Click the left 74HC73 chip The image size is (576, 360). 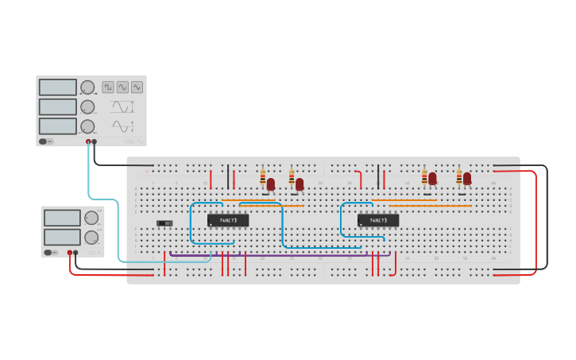pos(228,220)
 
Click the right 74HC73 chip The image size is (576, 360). pos(378,220)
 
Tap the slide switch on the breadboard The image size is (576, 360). pos(164,223)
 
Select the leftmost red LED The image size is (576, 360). pos(270,184)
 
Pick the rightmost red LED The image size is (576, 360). pos(467,179)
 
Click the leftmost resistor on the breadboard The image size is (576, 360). pos(263,177)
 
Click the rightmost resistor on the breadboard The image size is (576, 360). pos(458,176)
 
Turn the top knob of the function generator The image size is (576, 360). pos(87,87)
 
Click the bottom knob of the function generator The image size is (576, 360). pos(87,126)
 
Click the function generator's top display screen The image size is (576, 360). pos(58,87)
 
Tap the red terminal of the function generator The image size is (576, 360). pos(88,142)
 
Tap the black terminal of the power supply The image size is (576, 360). pos(75,253)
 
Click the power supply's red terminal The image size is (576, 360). pos(70,253)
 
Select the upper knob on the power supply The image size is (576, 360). pos(91,218)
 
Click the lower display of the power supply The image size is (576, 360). pos(62,237)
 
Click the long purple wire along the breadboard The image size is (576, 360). pos(278,255)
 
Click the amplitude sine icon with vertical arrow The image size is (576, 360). pos(122,106)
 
